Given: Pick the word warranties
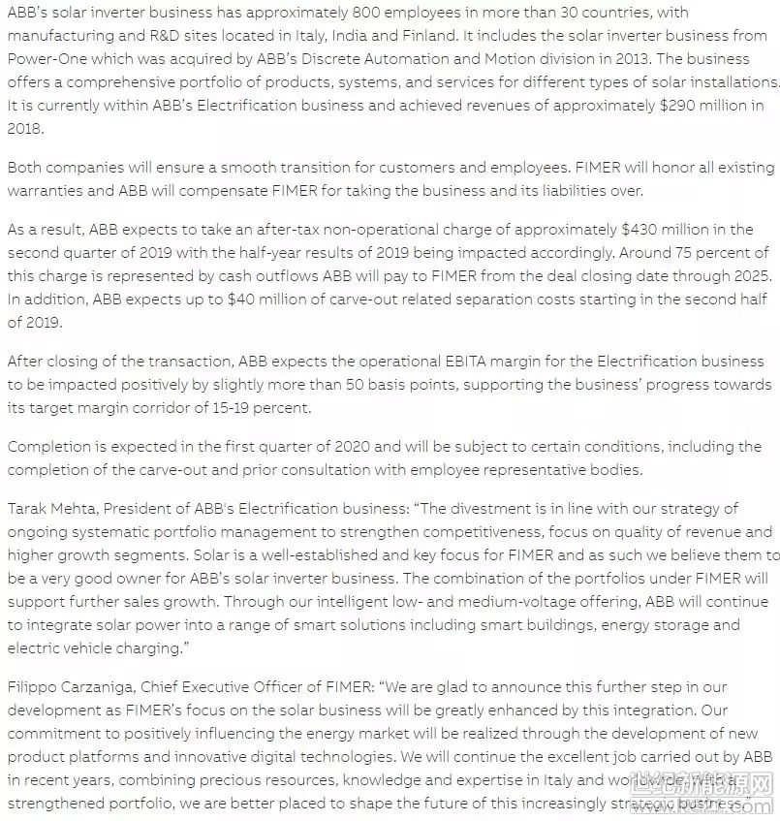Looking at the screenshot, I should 47,190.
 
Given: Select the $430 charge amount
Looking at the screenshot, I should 640,230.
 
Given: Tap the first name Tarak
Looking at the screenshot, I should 27,507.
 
